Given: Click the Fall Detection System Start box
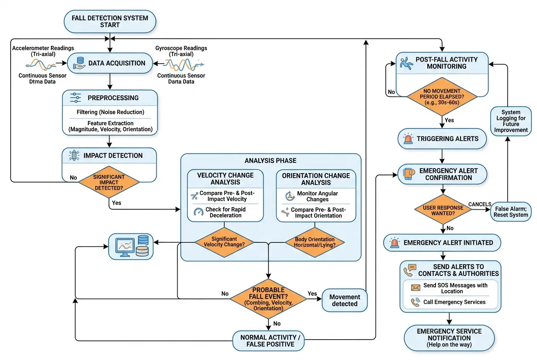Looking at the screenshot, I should pyautogui.click(x=110, y=21).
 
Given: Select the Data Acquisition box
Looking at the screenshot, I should pyautogui.click(x=110, y=63).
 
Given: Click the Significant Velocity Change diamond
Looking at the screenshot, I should pyautogui.click(x=224, y=242).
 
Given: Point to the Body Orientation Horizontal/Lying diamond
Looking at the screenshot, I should pyautogui.click(x=314, y=242).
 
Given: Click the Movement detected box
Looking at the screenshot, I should pyautogui.click(x=345, y=300).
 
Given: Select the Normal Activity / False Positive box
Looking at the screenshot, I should pyautogui.click(x=268, y=341).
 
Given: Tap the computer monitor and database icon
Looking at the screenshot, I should pyautogui.click(x=131, y=247).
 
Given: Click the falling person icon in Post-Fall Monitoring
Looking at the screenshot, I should pyautogui.click(x=407, y=63).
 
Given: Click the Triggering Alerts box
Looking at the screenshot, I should pyautogui.click(x=442, y=139).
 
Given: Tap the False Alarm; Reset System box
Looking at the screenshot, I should pyautogui.click(x=511, y=211).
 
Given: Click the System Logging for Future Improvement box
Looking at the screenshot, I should pyautogui.click(x=511, y=121).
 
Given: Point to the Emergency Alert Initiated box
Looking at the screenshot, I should pyautogui.click(x=442, y=243).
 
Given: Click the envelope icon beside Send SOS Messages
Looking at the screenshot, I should pyautogui.click(x=415, y=288).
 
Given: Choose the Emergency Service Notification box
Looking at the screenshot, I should pyautogui.click(x=449, y=338).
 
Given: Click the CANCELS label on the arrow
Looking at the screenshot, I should pyautogui.click(x=479, y=204).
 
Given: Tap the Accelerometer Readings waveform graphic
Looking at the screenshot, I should pyautogui.click(x=40, y=64).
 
